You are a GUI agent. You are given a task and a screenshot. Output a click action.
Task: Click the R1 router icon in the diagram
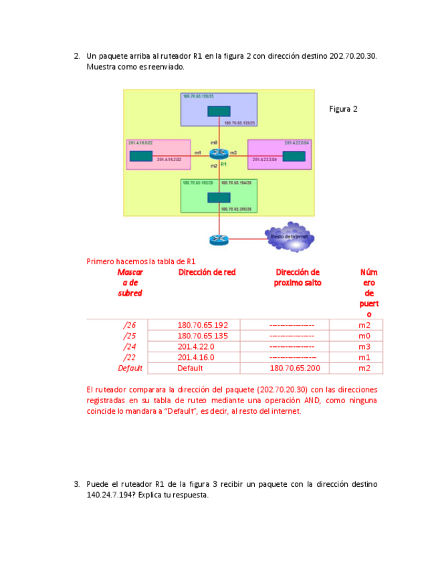(x=219, y=153)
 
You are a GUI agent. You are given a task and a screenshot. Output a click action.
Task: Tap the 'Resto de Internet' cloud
(x=288, y=237)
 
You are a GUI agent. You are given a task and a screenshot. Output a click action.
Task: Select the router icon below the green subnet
(x=219, y=239)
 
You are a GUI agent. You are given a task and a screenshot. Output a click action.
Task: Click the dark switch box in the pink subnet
(x=141, y=156)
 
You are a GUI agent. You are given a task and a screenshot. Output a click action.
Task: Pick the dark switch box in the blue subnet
(x=219, y=112)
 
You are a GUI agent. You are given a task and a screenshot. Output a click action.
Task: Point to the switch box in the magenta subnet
(x=294, y=156)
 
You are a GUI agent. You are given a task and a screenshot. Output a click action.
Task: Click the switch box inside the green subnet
(x=219, y=197)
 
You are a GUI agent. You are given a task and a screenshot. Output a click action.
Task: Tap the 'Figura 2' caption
(x=344, y=109)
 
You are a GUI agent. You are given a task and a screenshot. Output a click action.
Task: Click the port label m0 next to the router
(x=213, y=142)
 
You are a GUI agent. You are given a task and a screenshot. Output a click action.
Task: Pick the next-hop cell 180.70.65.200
(x=294, y=368)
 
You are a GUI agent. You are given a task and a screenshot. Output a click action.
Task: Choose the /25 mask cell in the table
(x=130, y=336)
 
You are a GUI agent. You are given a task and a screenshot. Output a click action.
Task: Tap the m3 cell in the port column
(x=364, y=346)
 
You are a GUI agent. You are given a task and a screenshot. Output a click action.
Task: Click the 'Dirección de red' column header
(x=207, y=272)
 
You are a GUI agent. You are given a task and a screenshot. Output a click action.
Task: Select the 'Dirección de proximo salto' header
(x=298, y=277)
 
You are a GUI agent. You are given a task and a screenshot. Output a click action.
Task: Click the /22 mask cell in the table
(x=130, y=357)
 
